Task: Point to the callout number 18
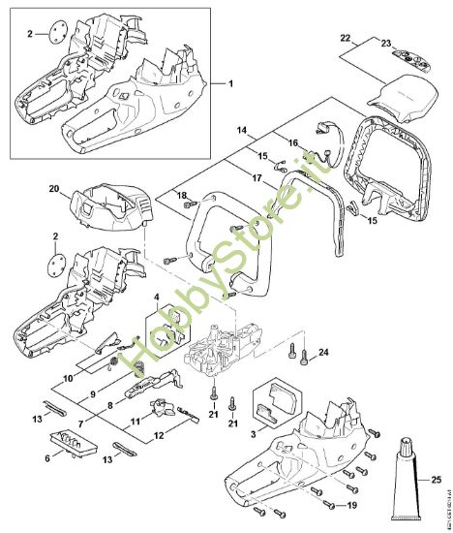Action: point(181,196)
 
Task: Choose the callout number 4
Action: point(158,296)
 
